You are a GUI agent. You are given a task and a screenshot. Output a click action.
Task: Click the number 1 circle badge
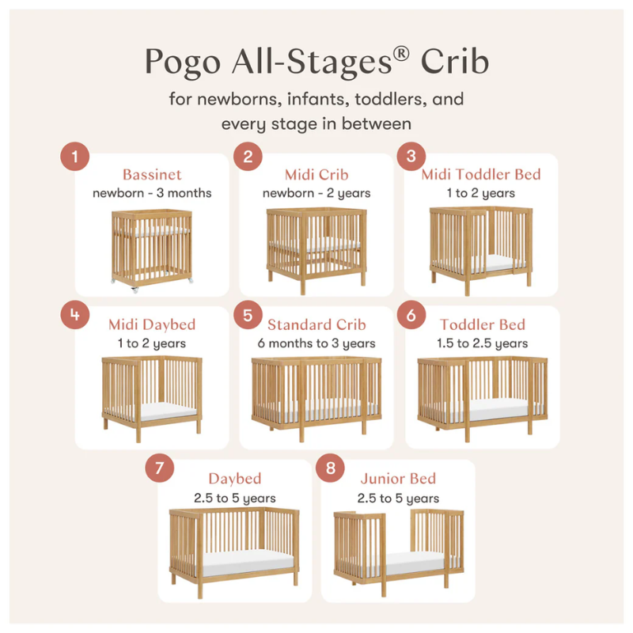[x=75, y=157]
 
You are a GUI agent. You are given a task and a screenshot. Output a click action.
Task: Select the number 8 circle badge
[x=330, y=468]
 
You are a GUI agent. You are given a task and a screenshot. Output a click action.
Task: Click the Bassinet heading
[x=152, y=174]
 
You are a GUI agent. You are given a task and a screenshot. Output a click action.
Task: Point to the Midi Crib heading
[x=316, y=174]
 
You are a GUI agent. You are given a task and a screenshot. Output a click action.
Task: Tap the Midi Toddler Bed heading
[x=481, y=174]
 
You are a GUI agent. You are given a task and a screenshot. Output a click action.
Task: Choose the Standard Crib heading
[x=316, y=324]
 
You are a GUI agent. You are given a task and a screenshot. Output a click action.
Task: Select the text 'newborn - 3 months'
[x=152, y=193]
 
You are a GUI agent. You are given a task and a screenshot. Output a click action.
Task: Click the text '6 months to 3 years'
[x=316, y=343]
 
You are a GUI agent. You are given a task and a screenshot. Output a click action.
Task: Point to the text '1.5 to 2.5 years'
[x=482, y=343]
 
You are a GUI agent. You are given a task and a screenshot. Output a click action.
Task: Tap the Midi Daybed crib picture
[x=152, y=392]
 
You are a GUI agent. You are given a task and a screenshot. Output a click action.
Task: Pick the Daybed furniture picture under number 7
[x=234, y=546]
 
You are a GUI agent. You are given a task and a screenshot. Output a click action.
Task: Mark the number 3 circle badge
[x=411, y=157]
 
